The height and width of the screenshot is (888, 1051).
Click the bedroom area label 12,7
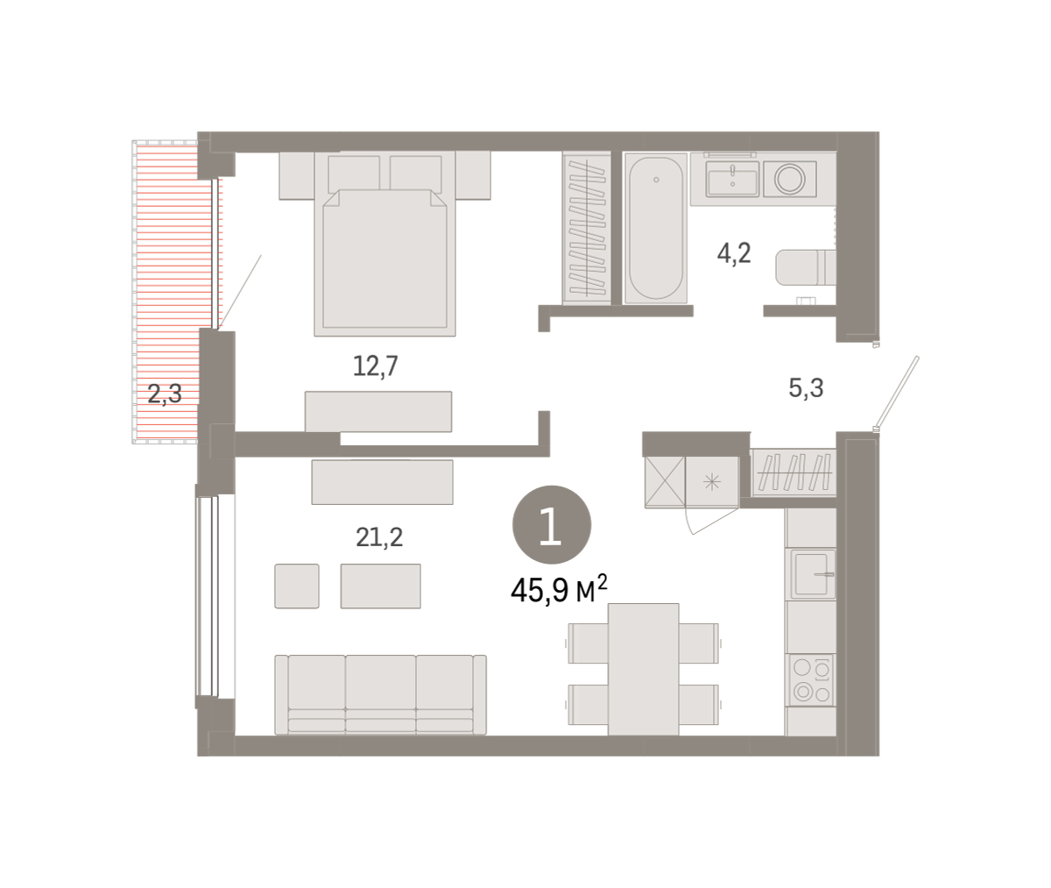(376, 366)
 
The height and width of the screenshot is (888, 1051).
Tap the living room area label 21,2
(379, 537)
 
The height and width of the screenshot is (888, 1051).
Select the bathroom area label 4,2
(734, 253)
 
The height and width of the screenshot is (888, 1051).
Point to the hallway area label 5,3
(806, 388)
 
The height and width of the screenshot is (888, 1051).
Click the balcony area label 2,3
(165, 394)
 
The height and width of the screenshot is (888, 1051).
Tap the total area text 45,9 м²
(560, 589)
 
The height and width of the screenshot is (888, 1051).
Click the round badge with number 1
(552, 524)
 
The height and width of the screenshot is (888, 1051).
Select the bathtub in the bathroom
(656, 228)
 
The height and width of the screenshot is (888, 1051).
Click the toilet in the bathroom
(806, 267)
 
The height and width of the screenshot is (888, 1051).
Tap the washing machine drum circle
(789, 179)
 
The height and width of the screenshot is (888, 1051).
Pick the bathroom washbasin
(732, 179)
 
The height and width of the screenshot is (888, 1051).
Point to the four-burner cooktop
(811, 680)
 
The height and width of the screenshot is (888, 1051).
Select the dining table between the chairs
(643, 669)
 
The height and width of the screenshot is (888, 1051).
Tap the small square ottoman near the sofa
(297, 586)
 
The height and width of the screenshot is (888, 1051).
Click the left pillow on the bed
(354, 174)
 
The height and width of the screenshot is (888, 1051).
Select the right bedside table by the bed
(473, 175)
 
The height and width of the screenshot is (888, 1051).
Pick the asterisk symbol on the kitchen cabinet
(712, 483)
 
